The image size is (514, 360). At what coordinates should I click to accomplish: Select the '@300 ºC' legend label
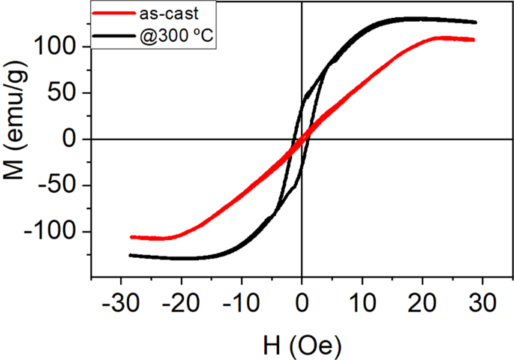pos(178,36)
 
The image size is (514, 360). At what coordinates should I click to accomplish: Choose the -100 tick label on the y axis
pos(57,232)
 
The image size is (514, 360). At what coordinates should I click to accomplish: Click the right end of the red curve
pos(473,39)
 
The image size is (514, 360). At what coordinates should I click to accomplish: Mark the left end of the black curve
pos(130,255)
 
